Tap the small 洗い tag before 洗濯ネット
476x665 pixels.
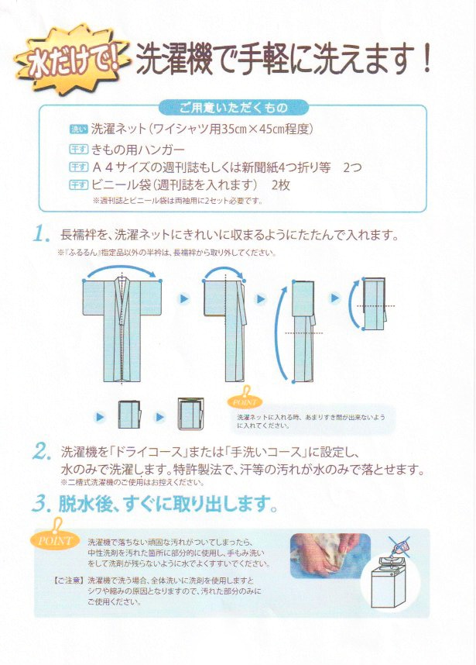click(79, 129)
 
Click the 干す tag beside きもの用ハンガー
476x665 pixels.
click(79, 149)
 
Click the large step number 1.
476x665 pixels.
click(43, 234)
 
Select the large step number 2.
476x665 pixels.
click(43, 451)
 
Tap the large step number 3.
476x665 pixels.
click(43, 505)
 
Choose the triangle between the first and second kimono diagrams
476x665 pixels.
click(183, 298)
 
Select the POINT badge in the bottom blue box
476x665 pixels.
click(56, 541)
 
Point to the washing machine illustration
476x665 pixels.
click(390, 585)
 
